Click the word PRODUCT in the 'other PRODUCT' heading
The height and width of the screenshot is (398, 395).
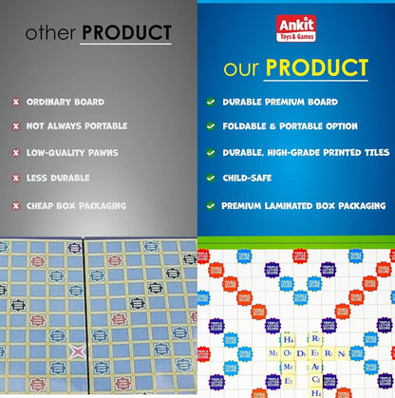click(126, 33)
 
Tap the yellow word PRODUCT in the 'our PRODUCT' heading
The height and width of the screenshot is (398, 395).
click(317, 69)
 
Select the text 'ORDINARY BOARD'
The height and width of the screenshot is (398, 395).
click(66, 102)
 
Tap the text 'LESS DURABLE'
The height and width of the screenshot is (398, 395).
click(58, 178)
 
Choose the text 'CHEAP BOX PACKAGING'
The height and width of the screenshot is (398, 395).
click(76, 205)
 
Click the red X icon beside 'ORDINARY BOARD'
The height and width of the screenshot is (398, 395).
click(15, 102)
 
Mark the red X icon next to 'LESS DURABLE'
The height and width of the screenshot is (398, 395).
click(15, 178)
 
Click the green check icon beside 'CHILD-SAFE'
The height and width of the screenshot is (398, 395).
click(210, 178)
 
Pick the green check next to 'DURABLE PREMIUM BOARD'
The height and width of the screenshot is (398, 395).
click(210, 101)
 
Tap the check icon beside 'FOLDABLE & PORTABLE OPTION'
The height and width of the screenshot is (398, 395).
click(210, 126)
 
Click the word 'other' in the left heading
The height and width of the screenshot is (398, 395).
click(51, 34)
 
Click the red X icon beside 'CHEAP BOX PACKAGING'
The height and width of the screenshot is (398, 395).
click(15, 205)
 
